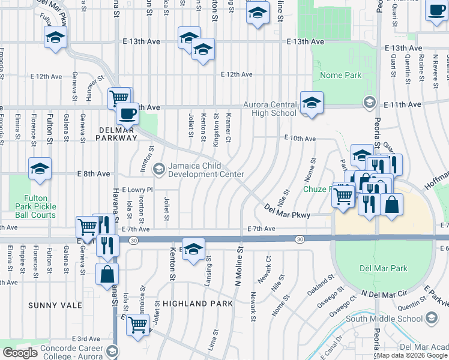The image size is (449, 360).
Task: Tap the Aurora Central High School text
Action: point(270,109)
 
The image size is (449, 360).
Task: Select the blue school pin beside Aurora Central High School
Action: point(312,103)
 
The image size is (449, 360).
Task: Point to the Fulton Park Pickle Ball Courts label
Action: point(40,206)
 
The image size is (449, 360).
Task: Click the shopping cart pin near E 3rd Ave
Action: point(138,324)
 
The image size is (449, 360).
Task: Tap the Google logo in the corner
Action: point(20,353)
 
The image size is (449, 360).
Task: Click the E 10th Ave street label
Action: point(300,139)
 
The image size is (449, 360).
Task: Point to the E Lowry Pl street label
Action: point(137,189)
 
